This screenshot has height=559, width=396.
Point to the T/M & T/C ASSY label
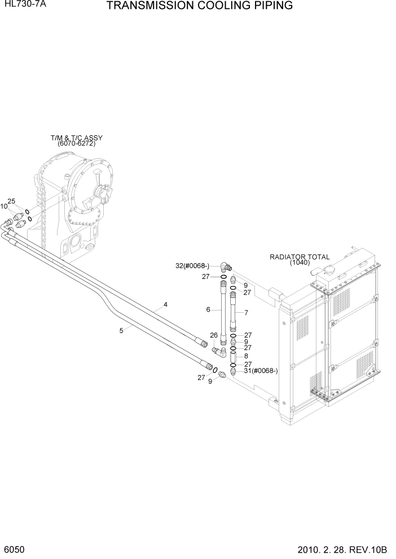pyautogui.click(x=77, y=137)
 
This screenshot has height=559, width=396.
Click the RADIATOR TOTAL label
pyautogui.click(x=299, y=257)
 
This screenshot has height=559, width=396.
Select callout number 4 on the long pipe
pyautogui.click(x=166, y=304)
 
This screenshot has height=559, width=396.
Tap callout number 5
pyautogui.click(x=121, y=331)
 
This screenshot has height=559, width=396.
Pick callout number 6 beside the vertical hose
pyautogui.click(x=208, y=309)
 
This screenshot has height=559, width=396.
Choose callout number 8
pyautogui.click(x=246, y=356)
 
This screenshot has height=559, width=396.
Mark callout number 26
pyautogui.click(x=214, y=335)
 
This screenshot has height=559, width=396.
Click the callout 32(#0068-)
pyautogui.click(x=192, y=265)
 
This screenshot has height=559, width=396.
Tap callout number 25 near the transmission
pyautogui.click(x=11, y=201)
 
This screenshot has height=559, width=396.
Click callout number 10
pyautogui.click(x=4, y=207)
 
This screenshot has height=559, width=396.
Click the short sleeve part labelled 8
pyautogui.click(x=232, y=356)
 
